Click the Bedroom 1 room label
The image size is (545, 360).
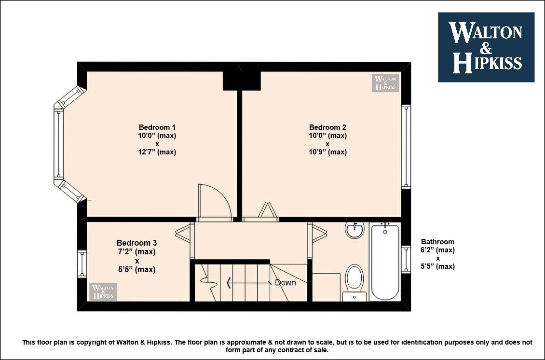point(157,127)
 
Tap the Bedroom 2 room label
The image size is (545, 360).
point(327,127)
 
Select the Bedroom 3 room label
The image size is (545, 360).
point(136,243)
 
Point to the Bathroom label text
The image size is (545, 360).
point(437,241)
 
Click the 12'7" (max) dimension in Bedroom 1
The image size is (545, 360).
point(157,152)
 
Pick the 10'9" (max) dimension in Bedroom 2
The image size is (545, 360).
point(327,152)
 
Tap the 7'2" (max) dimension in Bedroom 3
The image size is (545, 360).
point(136,251)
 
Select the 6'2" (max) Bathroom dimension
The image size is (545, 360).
point(437,250)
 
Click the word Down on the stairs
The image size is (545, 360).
point(286,282)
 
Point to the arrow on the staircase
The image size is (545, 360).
point(249,283)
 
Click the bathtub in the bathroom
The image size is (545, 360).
point(385,262)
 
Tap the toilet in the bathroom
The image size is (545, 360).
point(354,282)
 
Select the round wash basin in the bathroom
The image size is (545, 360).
point(354,230)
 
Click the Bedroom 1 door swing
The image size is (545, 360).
point(214,202)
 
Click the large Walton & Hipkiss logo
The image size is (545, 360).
point(486,47)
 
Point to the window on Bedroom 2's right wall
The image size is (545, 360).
point(406,146)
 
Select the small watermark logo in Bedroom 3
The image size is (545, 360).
point(103,291)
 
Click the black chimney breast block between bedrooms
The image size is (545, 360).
point(242,81)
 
